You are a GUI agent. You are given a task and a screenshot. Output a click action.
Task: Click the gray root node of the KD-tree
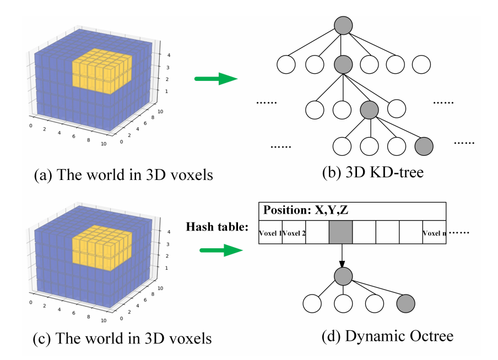[x=343, y=26]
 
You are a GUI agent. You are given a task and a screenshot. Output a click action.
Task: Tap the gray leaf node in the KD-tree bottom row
[x=423, y=146]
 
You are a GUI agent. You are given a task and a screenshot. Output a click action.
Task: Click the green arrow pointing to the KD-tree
[x=216, y=79]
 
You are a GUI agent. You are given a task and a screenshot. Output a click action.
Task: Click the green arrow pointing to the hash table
[x=220, y=250]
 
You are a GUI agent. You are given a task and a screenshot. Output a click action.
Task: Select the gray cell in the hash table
[x=340, y=233]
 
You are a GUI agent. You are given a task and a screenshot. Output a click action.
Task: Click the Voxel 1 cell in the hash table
[x=270, y=233]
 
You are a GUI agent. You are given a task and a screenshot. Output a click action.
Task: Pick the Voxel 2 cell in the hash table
[x=294, y=233]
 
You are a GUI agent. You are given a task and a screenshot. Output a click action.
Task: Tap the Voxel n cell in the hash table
[x=434, y=233]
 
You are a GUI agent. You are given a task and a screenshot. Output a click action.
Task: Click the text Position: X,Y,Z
[x=306, y=211]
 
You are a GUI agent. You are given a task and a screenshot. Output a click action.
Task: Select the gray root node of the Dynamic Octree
[x=343, y=275]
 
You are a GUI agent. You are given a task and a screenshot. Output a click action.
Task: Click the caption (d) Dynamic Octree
[x=387, y=336]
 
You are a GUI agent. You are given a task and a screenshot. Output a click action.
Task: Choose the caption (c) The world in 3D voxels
[x=122, y=337]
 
